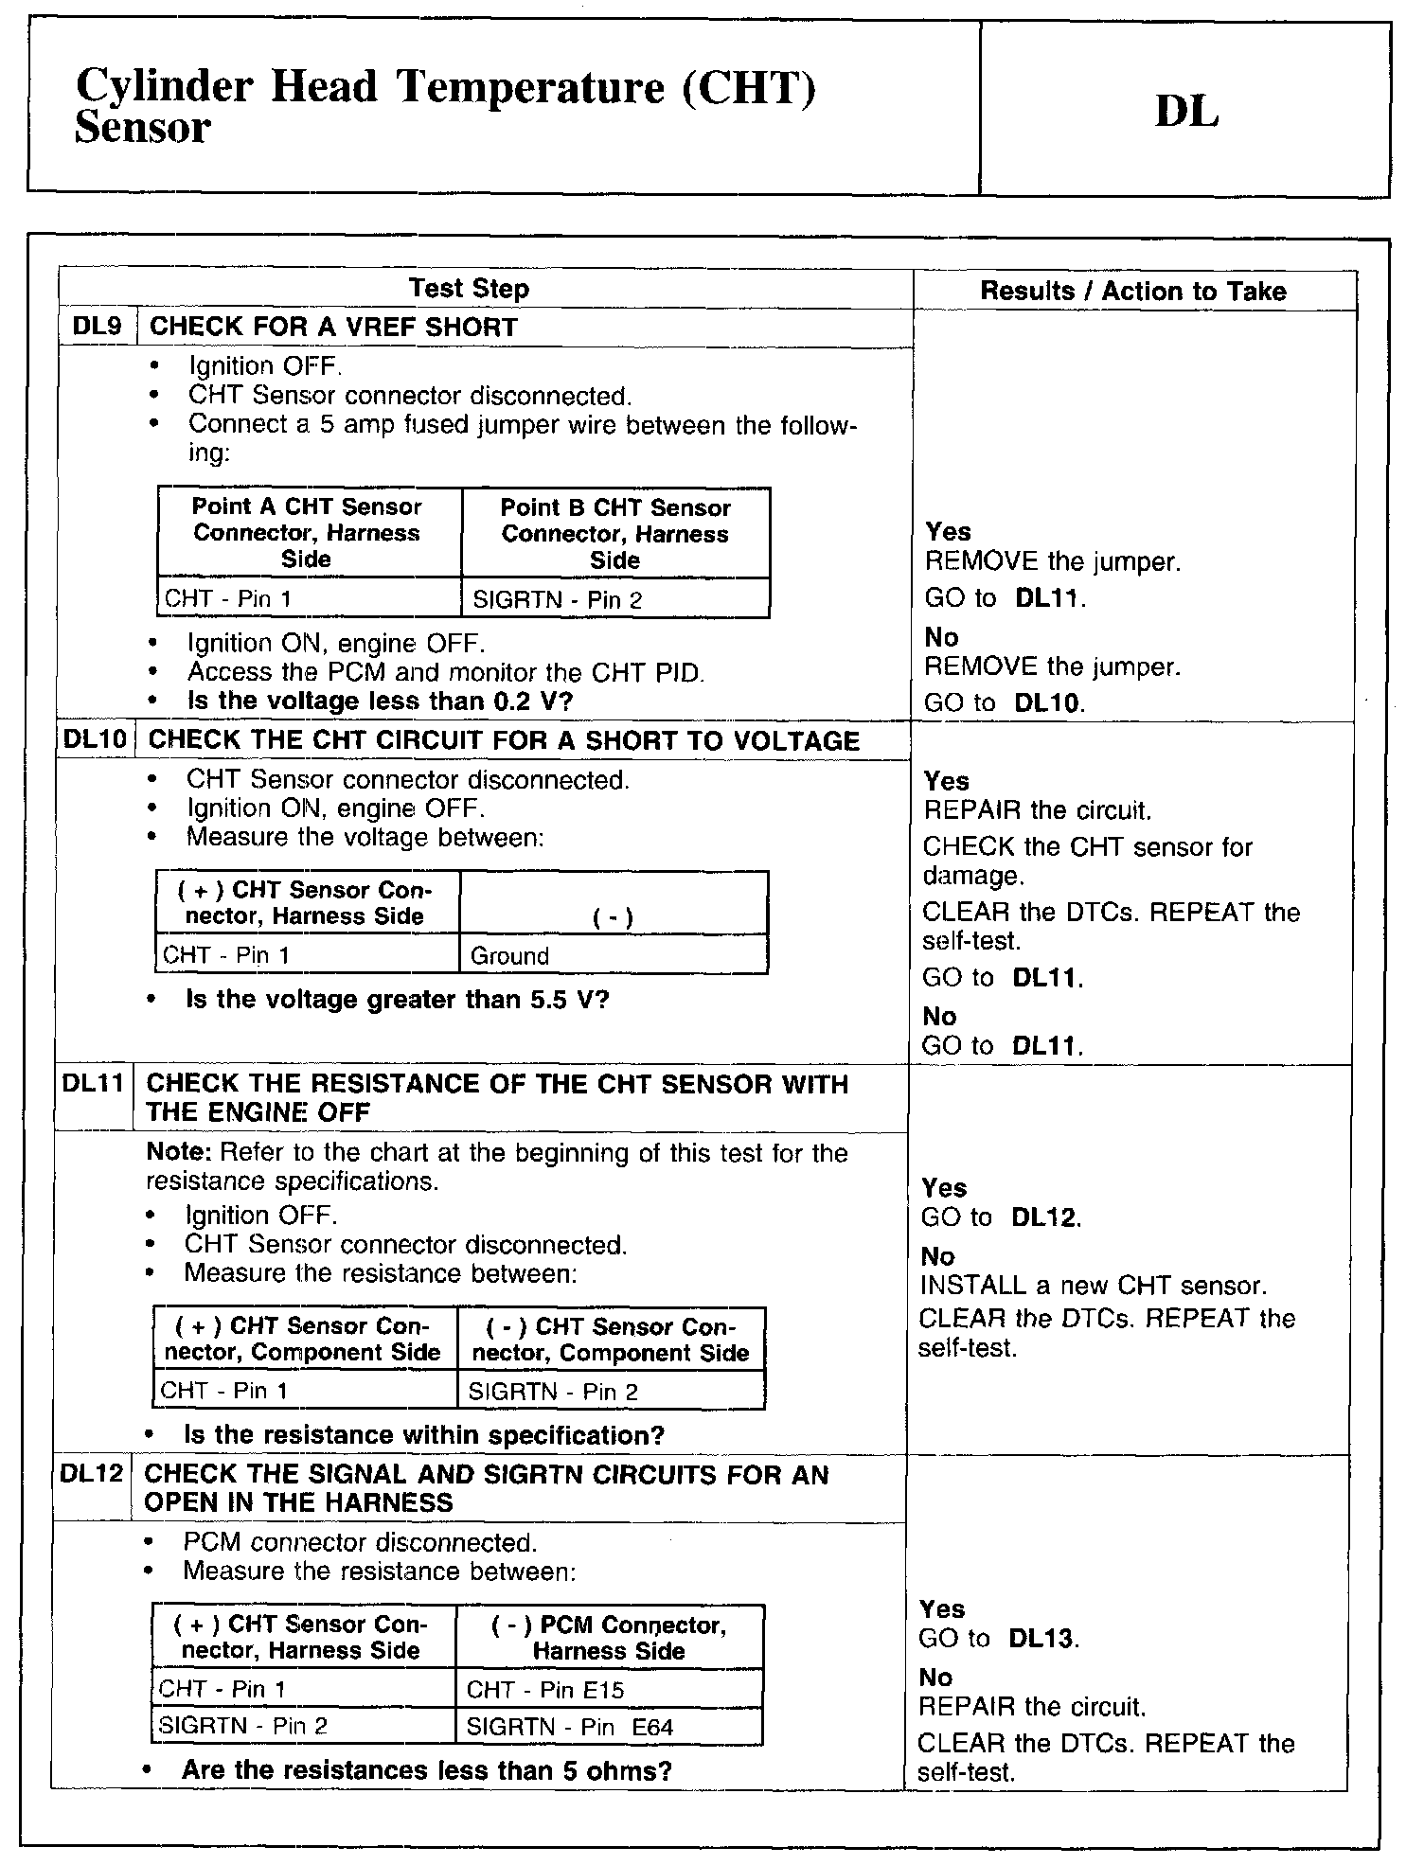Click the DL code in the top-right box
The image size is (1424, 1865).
point(1186,113)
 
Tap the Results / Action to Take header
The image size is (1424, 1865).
point(1132,292)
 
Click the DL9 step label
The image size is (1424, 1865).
point(98,328)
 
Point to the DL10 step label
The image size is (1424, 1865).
point(95,740)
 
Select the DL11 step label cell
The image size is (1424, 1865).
point(93,1083)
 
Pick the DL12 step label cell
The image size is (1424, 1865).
point(92,1474)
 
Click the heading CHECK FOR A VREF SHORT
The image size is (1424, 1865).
point(333,328)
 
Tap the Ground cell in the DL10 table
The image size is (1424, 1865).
point(613,956)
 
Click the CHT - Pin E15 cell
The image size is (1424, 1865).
point(609,1690)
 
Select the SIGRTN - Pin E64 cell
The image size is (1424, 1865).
point(609,1728)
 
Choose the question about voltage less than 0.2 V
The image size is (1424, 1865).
point(381,702)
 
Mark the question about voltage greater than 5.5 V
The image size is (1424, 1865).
point(398,1001)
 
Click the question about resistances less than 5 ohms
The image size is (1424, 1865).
point(426,1770)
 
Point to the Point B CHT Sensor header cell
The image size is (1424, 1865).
point(615,534)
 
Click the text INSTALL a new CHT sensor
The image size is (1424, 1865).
point(1093,1286)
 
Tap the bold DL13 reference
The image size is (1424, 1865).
point(1043,1639)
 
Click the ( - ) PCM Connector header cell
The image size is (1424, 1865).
point(609,1638)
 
